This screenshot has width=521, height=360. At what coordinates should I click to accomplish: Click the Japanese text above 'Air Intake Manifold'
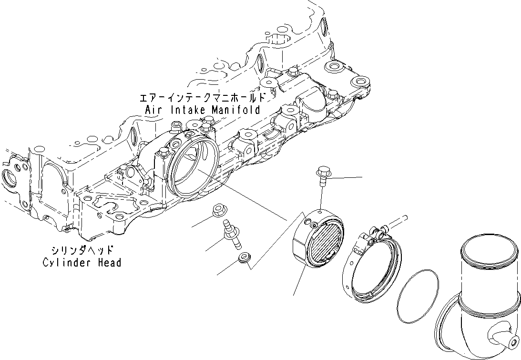pos(201,98)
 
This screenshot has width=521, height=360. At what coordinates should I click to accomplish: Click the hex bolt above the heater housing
pos(322,174)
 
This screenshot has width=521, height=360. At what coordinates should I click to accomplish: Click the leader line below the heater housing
pos(299,282)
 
